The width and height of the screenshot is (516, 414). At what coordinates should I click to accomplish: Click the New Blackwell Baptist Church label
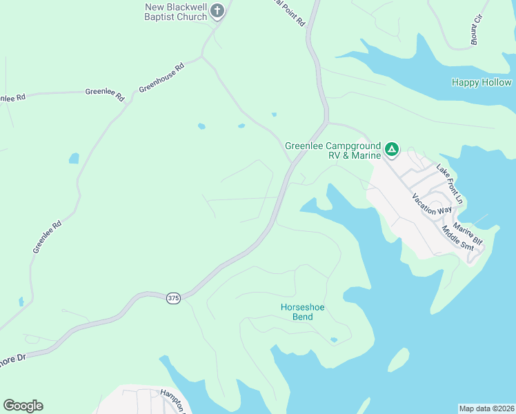(176, 12)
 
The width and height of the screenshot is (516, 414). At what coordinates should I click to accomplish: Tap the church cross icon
(217, 11)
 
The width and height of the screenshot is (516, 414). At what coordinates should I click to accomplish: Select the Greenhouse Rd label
(162, 79)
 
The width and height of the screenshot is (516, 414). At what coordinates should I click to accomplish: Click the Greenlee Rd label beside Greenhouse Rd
(104, 92)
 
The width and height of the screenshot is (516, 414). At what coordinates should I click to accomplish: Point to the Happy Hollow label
(482, 82)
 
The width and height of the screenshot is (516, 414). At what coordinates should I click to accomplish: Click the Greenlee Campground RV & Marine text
(333, 150)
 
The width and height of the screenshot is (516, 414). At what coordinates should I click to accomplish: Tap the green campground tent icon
(392, 148)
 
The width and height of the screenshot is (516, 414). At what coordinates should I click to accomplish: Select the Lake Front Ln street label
(452, 184)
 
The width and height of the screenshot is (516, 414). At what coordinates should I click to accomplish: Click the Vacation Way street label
(432, 204)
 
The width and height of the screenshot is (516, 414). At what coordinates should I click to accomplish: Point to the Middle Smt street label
(457, 239)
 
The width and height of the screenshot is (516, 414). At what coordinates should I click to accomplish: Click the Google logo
(23, 405)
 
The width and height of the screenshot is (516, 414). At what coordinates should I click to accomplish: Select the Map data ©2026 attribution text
(486, 408)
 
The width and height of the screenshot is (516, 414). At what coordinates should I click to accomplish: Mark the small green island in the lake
(398, 359)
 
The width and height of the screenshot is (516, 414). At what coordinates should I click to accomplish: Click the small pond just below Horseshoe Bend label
(334, 339)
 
